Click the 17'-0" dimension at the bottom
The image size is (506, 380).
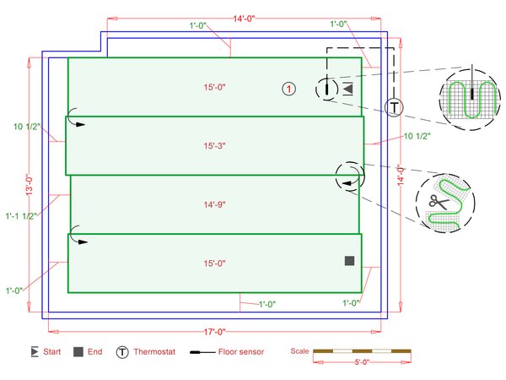point(214,332)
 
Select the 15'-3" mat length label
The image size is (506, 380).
point(214,146)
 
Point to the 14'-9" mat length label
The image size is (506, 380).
point(214,204)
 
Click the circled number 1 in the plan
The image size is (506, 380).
point(288,89)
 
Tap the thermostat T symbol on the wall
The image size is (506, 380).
point(394,107)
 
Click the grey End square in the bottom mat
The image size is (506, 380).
point(349,261)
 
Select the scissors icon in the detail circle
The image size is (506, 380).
point(439,202)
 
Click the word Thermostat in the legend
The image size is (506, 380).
point(154,351)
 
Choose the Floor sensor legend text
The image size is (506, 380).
point(241,351)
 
